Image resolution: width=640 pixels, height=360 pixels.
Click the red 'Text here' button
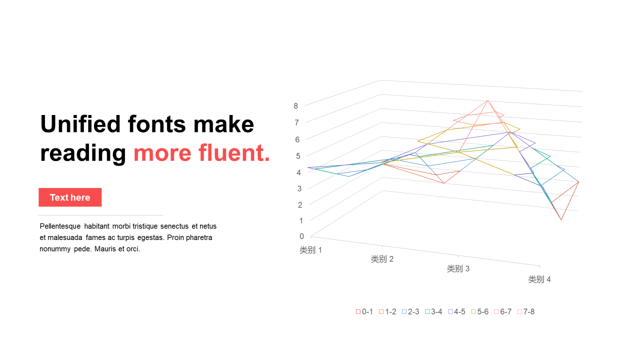pos(70,197)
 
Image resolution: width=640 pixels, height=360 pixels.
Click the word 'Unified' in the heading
pos(80,124)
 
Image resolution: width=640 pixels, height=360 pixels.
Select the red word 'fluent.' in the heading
pos(234,152)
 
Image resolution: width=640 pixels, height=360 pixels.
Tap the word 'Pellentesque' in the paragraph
pos(60,226)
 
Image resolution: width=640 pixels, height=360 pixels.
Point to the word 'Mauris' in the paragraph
pos(105,249)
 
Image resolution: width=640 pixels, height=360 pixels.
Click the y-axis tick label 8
pos(295,106)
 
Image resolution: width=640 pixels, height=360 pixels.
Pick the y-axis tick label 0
pos(301,236)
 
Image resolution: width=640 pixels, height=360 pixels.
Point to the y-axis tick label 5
pos(298,156)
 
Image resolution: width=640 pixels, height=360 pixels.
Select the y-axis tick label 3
pos(299,188)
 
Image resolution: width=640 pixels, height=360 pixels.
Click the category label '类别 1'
pos(311,250)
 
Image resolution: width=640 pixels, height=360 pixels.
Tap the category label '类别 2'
pos(382,259)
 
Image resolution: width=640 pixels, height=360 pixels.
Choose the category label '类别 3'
pos(458,268)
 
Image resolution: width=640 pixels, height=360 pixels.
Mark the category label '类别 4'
pos(539,279)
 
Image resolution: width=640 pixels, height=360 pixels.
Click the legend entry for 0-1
pos(364,311)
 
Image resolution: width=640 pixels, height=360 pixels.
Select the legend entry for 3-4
pos(433,311)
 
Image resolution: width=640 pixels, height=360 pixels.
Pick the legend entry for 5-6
pos(479,311)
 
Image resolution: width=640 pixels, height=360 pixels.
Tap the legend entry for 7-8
pos(525,311)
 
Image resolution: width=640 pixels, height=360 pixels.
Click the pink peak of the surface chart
pos(487,100)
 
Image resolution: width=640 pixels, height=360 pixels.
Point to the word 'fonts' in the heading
pos(157,124)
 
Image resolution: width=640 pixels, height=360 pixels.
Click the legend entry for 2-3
pos(410,311)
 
